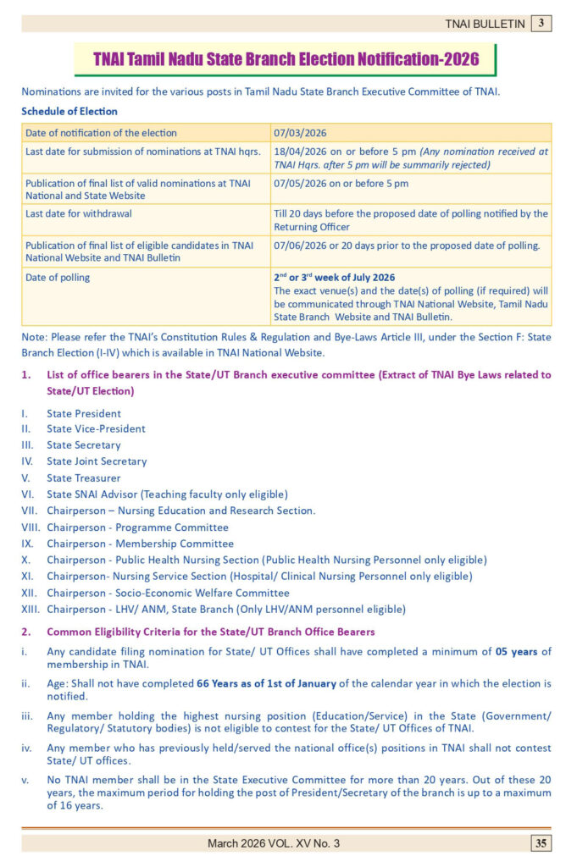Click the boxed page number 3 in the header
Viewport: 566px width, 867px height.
click(541, 24)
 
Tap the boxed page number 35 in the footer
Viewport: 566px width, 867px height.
click(541, 842)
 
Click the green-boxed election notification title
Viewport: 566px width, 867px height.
click(286, 59)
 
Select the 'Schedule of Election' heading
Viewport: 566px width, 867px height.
click(69, 111)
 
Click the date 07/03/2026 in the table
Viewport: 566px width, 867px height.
click(300, 133)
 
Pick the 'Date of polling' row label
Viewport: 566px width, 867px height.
click(58, 278)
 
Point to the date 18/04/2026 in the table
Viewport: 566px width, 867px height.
click(301, 151)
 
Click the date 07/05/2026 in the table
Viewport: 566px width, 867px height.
click(301, 183)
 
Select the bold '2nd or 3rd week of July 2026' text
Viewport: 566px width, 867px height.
click(334, 278)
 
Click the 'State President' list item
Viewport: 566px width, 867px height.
click(84, 413)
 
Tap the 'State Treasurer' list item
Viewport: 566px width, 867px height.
click(84, 478)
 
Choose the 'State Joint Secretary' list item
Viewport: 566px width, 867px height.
click(97, 461)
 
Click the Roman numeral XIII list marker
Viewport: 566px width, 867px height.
click(31, 609)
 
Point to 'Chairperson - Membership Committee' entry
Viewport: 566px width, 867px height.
click(140, 544)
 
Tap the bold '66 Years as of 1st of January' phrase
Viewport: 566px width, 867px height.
click(267, 683)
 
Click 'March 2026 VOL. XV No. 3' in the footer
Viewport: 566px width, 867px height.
click(274, 843)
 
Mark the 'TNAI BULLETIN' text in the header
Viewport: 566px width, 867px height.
click(485, 24)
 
